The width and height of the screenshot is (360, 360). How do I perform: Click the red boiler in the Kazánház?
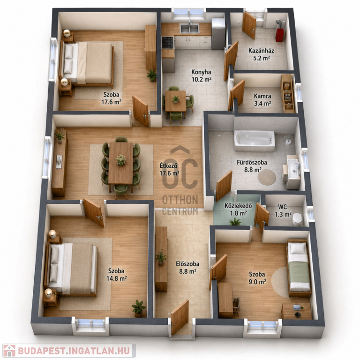(x=279, y=35)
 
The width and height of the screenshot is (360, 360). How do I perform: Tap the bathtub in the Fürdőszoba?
(x=255, y=141)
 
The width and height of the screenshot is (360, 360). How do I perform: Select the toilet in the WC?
(x=297, y=219)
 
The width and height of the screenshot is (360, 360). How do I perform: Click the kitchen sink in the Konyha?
(x=189, y=28)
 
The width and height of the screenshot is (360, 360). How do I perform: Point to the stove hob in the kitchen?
(x=168, y=43)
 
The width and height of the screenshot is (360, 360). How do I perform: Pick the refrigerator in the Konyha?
(x=218, y=34)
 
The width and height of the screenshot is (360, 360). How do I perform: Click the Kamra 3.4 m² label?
(x=262, y=100)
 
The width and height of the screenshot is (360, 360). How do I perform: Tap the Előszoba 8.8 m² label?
(x=187, y=268)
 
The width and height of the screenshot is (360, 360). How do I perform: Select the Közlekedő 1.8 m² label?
(x=238, y=209)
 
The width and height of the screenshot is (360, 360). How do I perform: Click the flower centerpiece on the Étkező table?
(x=120, y=160)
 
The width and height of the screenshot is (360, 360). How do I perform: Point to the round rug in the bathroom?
(x=267, y=177)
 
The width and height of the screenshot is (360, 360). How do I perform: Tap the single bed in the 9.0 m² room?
(x=299, y=268)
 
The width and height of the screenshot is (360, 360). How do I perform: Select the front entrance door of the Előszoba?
(x=180, y=317)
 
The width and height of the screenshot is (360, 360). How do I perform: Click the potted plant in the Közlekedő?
(x=235, y=222)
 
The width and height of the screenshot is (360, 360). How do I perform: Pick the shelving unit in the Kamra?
(x=288, y=93)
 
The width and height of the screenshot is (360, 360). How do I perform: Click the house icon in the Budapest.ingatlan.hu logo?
(x=9, y=351)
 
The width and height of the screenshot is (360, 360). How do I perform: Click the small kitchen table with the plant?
(x=176, y=101)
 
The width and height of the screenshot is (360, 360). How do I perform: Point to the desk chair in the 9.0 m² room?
(x=236, y=306)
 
